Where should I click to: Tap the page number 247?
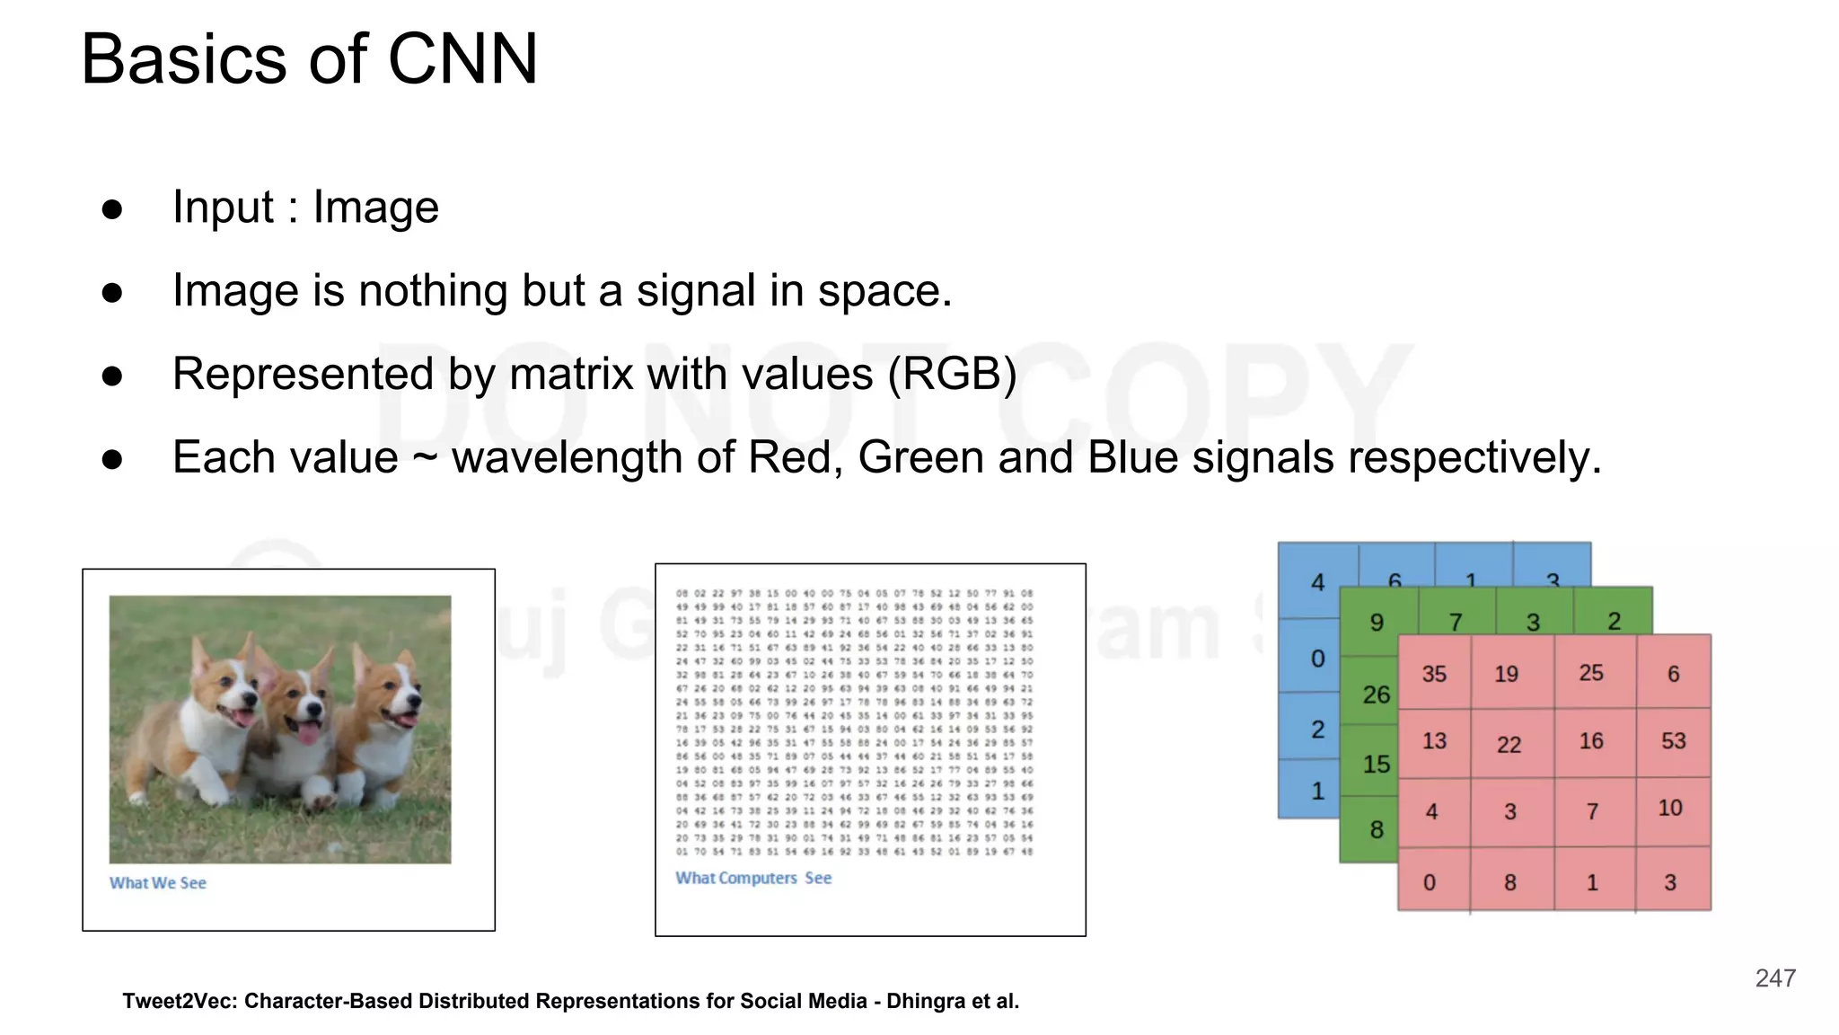[1775, 978]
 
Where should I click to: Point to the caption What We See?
[158, 883]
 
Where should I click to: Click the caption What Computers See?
[753, 878]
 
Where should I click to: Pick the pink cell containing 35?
[1434, 674]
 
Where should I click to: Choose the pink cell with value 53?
[1673, 741]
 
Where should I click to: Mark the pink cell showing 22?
[1509, 744]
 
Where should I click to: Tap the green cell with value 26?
[1376, 694]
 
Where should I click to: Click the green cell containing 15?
[1376, 765]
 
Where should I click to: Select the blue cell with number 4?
[1317, 582]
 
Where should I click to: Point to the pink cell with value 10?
[1670, 808]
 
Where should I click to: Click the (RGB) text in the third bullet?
[952, 374]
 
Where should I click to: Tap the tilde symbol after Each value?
[425, 459]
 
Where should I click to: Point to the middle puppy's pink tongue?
[308, 733]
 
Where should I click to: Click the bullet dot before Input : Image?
[112, 209]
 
